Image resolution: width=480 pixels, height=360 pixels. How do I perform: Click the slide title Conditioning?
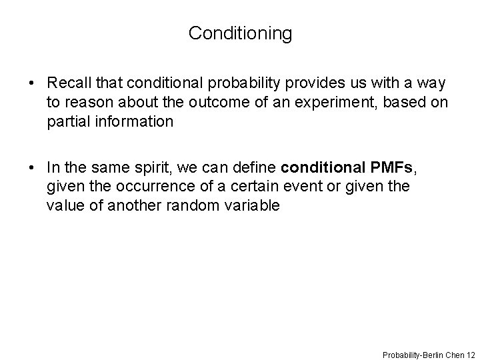(x=240, y=33)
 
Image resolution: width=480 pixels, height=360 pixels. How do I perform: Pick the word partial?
(x=65, y=122)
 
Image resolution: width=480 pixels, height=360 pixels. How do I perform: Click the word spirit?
(x=151, y=167)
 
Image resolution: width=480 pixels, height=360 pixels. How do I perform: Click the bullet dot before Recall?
(x=32, y=84)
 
